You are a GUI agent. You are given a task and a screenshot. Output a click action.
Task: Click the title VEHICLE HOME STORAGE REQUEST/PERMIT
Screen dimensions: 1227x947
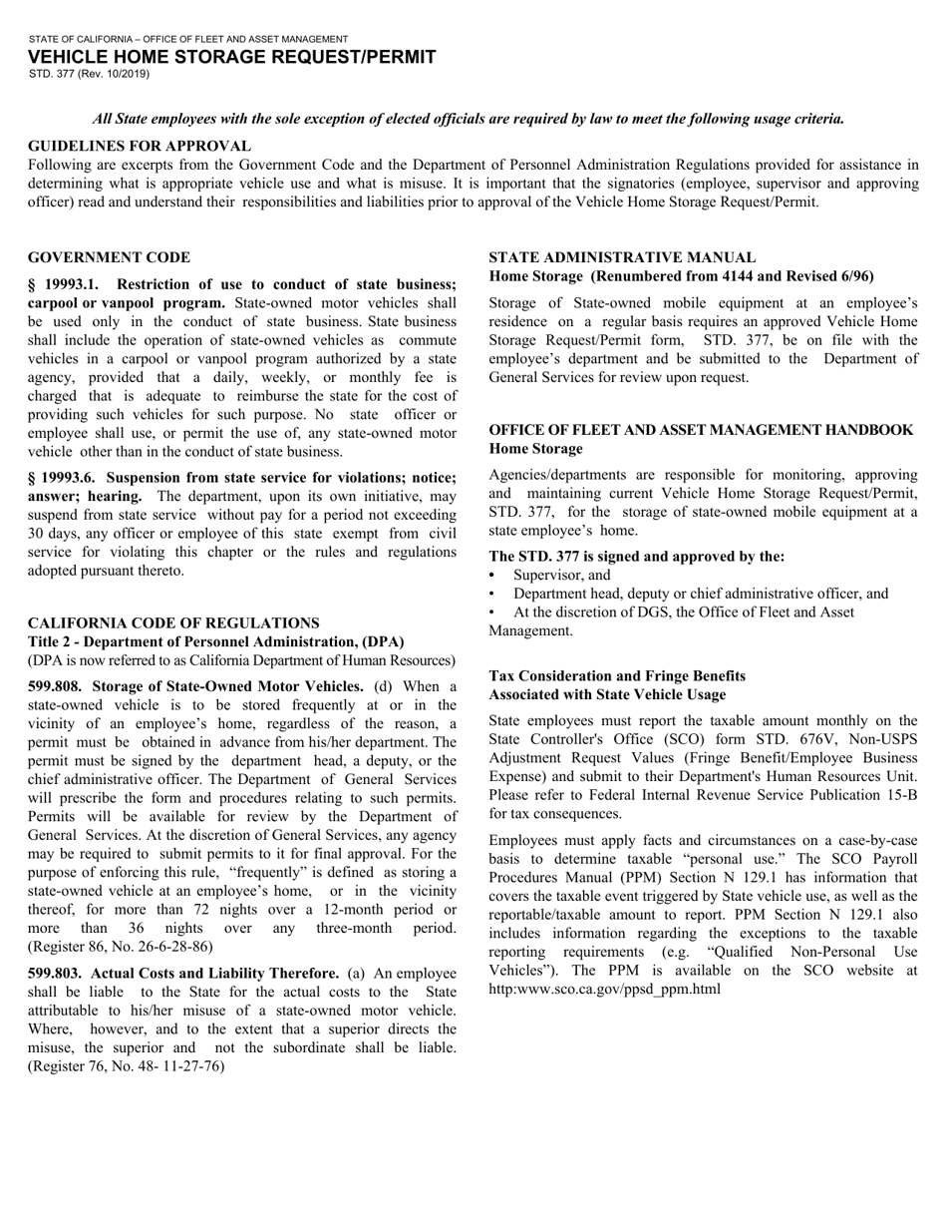231,57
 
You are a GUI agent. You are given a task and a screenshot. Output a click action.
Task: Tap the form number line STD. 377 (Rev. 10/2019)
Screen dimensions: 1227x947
89,74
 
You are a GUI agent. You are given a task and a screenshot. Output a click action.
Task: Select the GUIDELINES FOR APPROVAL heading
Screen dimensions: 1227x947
140,146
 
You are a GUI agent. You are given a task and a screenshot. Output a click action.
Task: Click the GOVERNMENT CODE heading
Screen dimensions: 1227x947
109,257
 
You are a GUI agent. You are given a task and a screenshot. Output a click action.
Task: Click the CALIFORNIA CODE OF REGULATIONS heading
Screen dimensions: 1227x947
173,622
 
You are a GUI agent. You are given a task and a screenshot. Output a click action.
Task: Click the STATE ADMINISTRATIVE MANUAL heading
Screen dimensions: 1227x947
622,257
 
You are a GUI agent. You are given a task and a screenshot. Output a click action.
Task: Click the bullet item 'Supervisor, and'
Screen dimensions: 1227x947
562,576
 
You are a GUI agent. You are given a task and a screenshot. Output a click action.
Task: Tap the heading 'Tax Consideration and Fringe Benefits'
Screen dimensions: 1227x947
617,675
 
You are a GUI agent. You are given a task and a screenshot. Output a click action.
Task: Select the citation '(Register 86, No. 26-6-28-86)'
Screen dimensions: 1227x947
120,946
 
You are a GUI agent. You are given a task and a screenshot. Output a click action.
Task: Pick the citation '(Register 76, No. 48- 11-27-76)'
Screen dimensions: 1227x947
126,1066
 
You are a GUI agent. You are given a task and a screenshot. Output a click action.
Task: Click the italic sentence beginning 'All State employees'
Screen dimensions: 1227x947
469,119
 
